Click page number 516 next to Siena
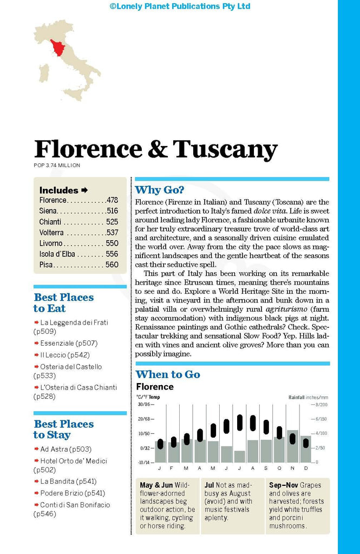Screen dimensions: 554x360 pyautogui.click(x=112, y=211)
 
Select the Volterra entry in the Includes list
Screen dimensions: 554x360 pyautogui.click(x=51, y=233)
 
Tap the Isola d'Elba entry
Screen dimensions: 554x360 pyautogui.click(x=56, y=254)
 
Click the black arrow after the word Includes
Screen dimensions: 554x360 pyautogui.click(x=84, y=190)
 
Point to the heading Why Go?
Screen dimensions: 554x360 pyautogui.click(x=160, y=190)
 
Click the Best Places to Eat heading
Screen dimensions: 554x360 pyautogui.click(x=63, y=303)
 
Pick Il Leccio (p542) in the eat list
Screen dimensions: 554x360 pyautogui.click(x=64, y=355)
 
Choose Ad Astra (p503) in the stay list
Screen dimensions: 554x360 pyautogui.click(x=66, y=449)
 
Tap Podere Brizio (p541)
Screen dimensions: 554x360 pyautogui.click(x=73, y=493)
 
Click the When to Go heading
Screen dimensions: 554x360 pyautogui.click(x=168, y=374)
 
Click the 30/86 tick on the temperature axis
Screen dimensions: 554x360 pyautogui.click(x=143, y=404)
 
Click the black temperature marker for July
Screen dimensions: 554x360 pyautogui.click(x=240, y=422)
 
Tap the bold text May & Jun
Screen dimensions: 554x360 pyautogui.click(x=156, y=485)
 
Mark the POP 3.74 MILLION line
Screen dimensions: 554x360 pyautogui.click(x=57, y=166)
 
